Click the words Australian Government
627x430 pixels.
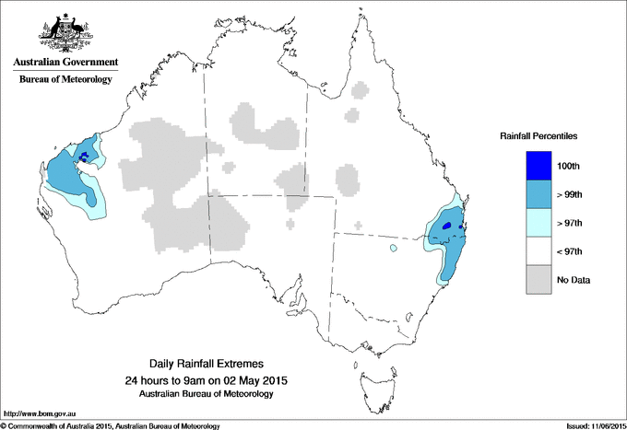[x=65, y=63]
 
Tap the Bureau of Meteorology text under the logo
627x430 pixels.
[x=65, y=79]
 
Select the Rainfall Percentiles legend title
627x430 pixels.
[x=538, y=135]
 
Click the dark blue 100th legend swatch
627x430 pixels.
[x=538, y=166]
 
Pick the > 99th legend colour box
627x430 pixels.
[x=538, y=194]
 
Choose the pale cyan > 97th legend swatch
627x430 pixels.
[x=538, y=223]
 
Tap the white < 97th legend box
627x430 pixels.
[x=538, y=251]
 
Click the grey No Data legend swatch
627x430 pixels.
[x=538, y=280]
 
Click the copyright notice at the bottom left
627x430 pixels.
[x=110, y=425]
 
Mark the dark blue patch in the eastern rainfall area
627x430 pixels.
[x=448, y=225]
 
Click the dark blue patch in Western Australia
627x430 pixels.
[x=86, y=156]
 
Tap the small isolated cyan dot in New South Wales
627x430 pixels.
[x=393, y=248]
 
